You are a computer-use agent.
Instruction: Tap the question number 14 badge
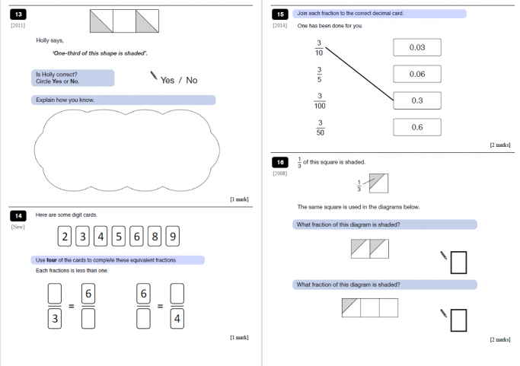[x=20, y=215]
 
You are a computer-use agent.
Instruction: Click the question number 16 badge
[x=281, y=162]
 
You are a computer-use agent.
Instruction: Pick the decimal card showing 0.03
[x=416, y=48]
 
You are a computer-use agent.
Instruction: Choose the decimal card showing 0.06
[x=416, y=74]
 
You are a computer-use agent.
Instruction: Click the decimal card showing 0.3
[x=416, y=100]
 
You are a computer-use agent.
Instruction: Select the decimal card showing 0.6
[x=416, y=127]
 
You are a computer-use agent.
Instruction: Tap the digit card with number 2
[x=65, y=237]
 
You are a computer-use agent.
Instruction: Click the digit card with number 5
[x=118, y=237]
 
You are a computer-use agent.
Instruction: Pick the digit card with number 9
[x=173, y=237]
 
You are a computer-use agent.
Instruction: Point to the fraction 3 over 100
[x=320, y=101]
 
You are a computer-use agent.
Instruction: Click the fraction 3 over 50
[x=320, y=128]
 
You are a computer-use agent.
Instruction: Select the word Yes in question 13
[x=167, y=80]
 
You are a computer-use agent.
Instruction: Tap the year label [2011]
[x=18, y=26]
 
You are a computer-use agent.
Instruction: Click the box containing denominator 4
[x=177, y=320]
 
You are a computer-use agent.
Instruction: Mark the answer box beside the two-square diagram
[x=458, y=263]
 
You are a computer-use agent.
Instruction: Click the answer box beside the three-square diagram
[x=458, y=320]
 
